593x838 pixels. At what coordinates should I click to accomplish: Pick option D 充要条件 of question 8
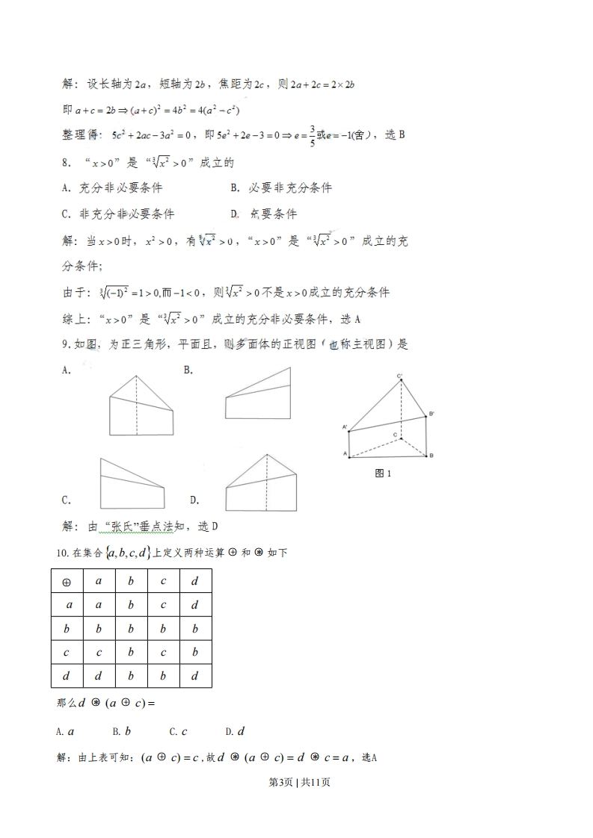coord(265,214)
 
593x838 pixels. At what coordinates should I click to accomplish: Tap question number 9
coord(66,344)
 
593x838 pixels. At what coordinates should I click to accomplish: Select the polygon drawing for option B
coord(257,394)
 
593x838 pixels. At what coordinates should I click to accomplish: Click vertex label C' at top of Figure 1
coord(401,375)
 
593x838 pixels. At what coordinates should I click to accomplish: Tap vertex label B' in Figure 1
coord(431,413)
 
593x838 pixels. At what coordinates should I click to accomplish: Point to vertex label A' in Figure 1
coord(345,427)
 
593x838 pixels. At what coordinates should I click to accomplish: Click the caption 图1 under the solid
coord(384,474)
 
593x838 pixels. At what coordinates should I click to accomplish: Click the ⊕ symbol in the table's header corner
coord(67,581)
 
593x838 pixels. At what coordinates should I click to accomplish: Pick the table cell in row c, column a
coord(99,653)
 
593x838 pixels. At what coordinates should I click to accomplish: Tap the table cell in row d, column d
coord(194,677)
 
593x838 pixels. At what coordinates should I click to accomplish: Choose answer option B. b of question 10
coord(122,731)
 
